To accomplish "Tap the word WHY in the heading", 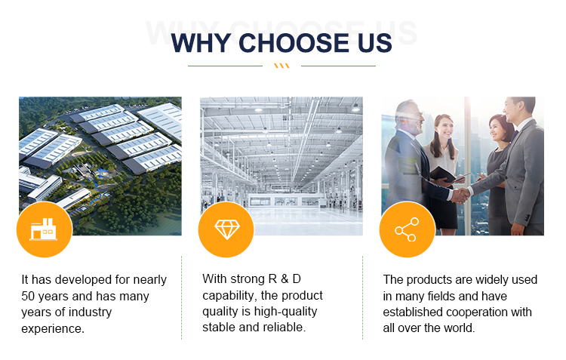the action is pyautogui.click(x=201, y=43).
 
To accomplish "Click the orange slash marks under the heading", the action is pyautogui.click(x=281, y=66).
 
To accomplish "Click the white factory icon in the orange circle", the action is pyautogui.click(x=43, y=229).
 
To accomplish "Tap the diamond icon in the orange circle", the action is pyautogui.click(x=226, y=229).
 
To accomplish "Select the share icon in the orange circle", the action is pyautogui.click(x=407, y=229).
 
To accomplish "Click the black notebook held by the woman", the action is pyautogui.click(x=444, y=174).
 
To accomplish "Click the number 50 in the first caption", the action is pyautogui.click(x=28, y=296).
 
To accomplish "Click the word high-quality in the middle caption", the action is pyautogui.click(x=285, y=312).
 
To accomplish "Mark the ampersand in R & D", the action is pyautogui.click(x=285, y=279).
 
